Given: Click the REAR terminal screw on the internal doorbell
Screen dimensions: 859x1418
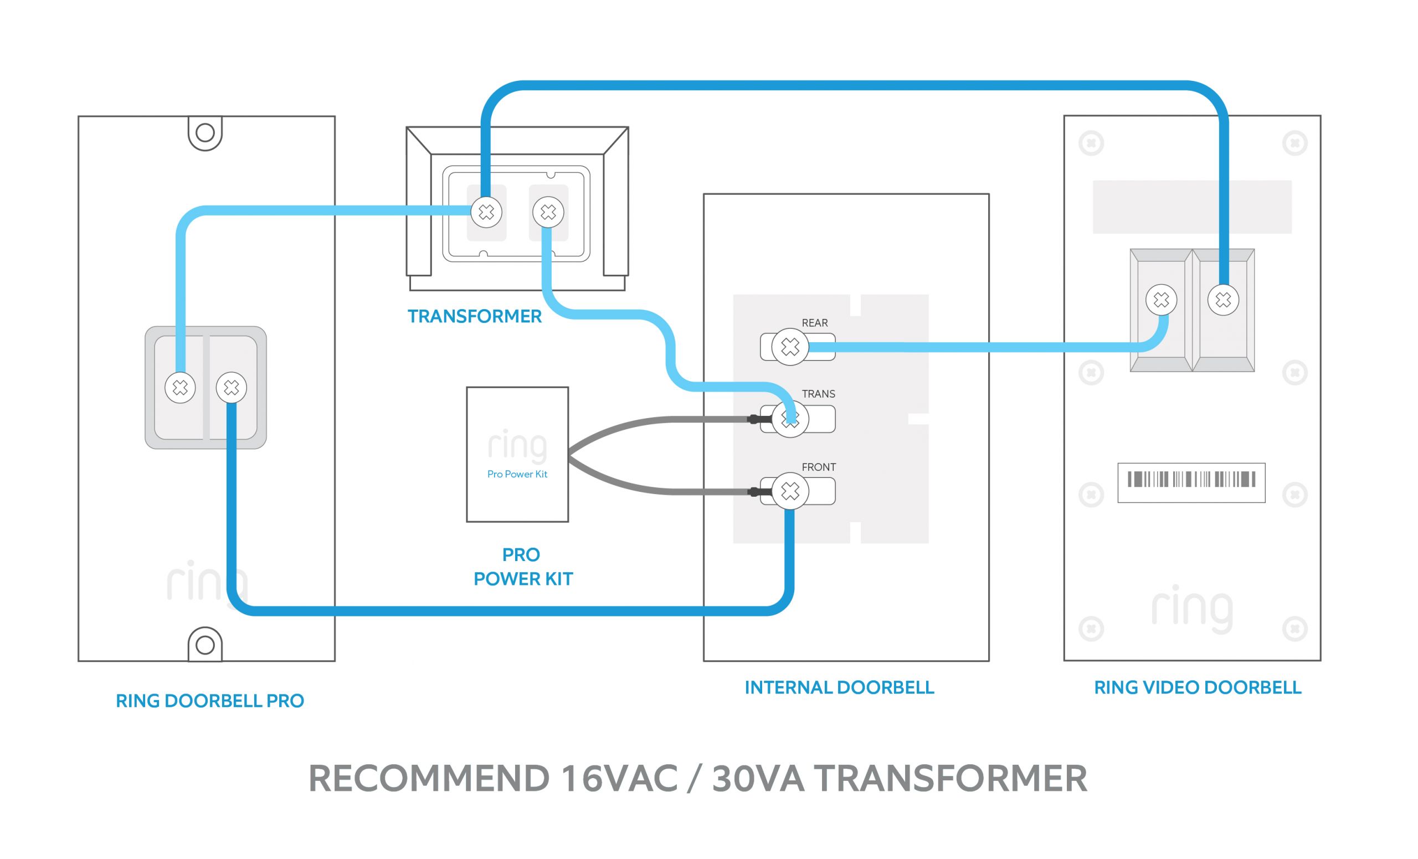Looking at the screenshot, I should tap(789, 346).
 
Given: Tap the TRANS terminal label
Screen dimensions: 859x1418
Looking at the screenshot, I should tap(818, 394).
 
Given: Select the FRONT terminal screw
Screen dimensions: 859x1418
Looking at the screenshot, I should tap(789, 491).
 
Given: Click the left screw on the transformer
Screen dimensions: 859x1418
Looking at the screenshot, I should tap(486, 212).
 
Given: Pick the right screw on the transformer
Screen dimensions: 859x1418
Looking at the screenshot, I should tap(548, 212).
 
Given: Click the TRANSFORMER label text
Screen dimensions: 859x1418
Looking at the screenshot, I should tap(474, 316).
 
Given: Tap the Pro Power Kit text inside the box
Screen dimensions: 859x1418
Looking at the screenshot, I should tap(517, 474).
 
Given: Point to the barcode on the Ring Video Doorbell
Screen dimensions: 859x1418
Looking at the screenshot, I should tap(1191, 479).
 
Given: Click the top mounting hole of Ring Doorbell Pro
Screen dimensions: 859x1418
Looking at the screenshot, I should tap(205, 133).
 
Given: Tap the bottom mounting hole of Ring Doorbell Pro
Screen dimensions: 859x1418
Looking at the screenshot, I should tap(205, 645).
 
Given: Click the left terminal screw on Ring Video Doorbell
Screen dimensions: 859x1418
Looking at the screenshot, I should tap(1161, 300).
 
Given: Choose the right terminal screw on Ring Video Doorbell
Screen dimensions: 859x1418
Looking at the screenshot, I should tap(1223, 300).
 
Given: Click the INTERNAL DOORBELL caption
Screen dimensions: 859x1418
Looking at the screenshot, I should tap(839, 687).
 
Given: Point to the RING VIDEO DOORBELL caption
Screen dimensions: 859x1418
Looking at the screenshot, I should tap(1197, 687).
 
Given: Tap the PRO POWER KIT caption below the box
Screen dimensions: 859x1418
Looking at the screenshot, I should tap(522, 567).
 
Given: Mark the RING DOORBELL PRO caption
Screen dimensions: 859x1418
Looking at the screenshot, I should tap(209, 701).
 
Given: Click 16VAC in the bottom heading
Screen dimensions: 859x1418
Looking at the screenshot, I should tap(619, 779).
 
